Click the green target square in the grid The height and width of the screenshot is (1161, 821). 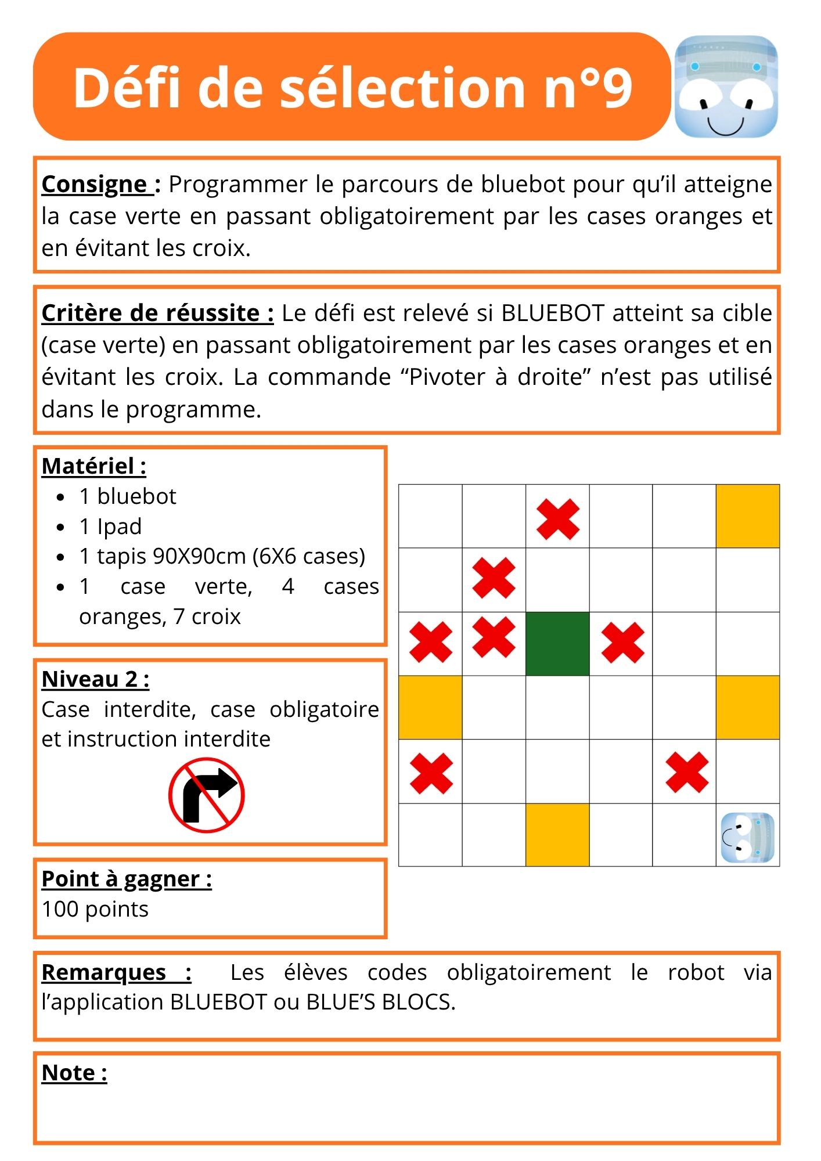(x=557, y=643)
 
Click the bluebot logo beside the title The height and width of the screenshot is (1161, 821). (x=726, y=86)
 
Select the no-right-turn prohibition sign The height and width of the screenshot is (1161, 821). (x=206, y=795)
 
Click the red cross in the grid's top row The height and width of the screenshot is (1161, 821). (x=557, y=519)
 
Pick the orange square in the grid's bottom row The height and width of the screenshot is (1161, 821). (x=557, y=835)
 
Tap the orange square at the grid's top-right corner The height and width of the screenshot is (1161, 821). (x=747, y=516)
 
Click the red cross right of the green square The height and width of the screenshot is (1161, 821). (x=622, y=643)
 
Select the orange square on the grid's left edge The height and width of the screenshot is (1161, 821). (x=430, y=707)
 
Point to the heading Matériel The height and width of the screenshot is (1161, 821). (x=93, y=466)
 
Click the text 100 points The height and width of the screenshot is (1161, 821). (x=95, y=909)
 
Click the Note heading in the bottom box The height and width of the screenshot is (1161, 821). (x=74, y=1073)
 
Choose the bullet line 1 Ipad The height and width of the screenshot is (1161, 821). (x=110, y=527)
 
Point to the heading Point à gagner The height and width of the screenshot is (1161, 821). (x=127, y=879)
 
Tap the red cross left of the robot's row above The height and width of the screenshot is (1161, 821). (x=687, y=772)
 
